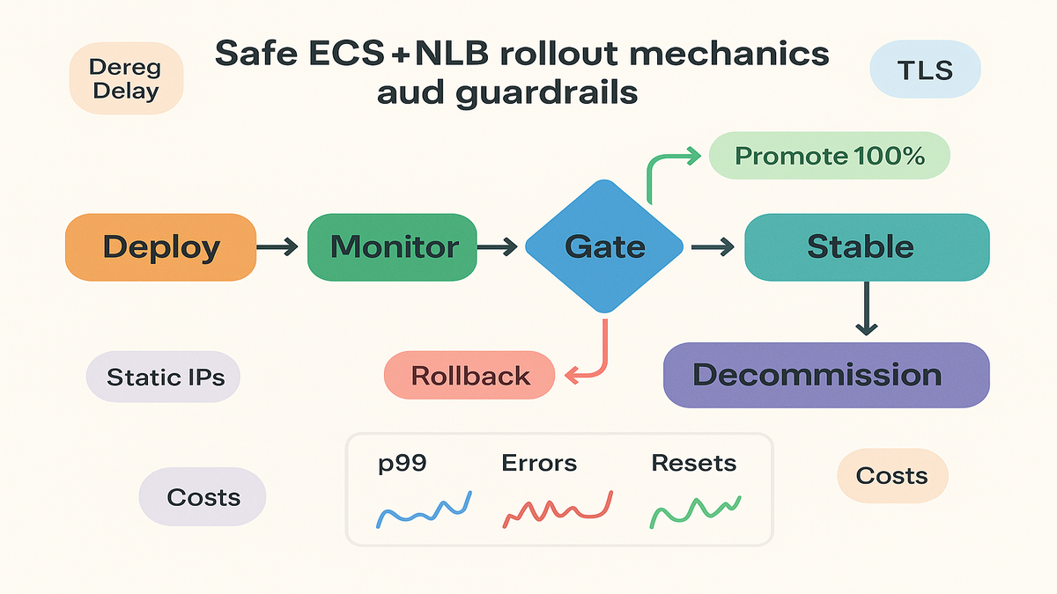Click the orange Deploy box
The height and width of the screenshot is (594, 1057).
160,246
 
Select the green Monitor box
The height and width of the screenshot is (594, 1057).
394,246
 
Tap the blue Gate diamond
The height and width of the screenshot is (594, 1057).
604,246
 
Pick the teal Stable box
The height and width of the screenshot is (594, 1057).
867,246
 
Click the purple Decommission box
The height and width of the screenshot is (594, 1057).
825,375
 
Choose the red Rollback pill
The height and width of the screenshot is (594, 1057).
469,376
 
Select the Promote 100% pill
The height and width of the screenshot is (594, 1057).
829,157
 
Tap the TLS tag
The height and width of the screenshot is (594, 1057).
924,70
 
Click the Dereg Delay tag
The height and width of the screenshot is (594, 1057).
125,78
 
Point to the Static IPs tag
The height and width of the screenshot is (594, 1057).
165,378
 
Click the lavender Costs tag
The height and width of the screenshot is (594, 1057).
203,496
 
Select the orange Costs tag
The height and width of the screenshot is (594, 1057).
891,475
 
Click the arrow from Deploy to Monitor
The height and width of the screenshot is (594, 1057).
281,248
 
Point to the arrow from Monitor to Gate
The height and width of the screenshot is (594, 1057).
499,248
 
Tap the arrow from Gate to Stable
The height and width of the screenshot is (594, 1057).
712,248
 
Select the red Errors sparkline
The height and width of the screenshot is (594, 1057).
557,510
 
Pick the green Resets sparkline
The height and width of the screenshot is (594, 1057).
694,510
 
